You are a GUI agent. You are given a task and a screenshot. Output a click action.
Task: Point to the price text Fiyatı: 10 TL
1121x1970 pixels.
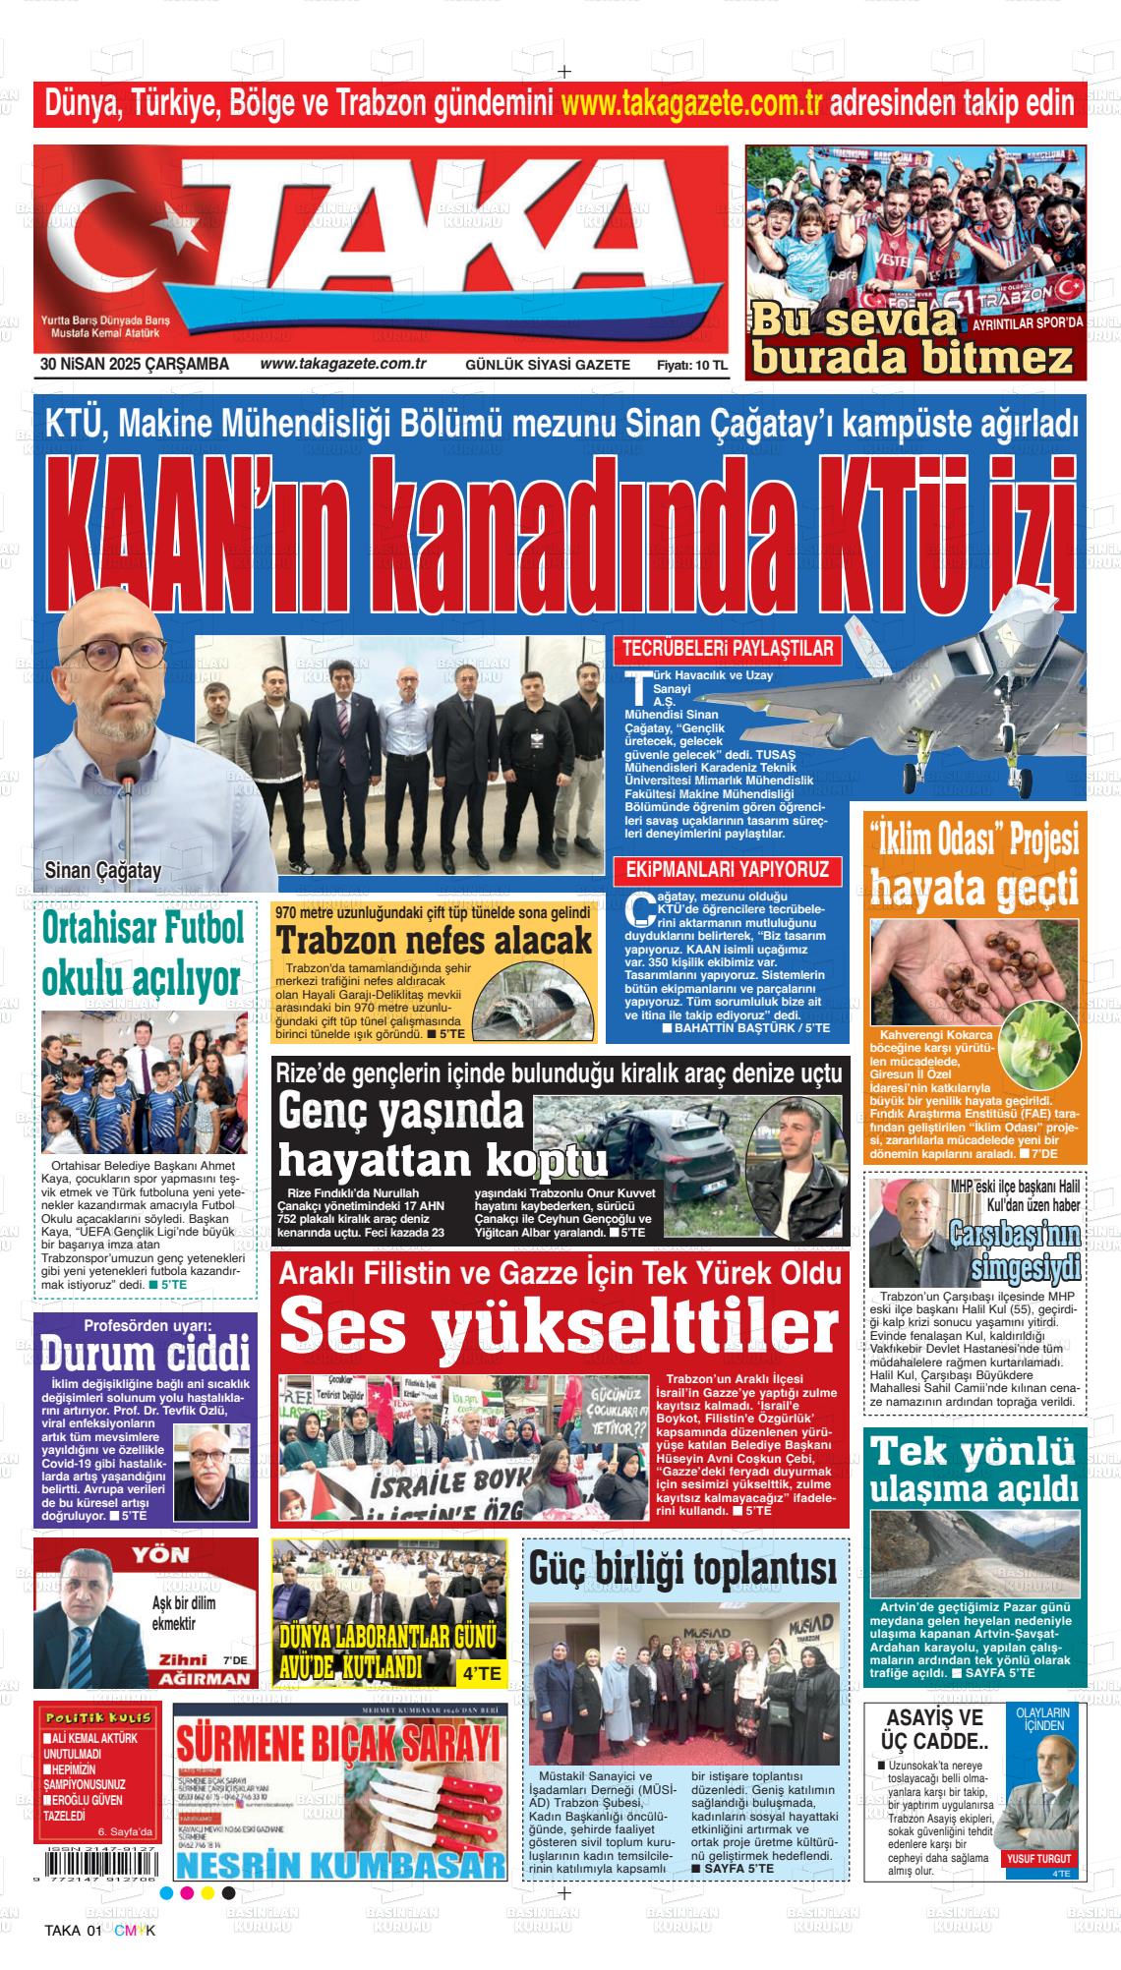692,366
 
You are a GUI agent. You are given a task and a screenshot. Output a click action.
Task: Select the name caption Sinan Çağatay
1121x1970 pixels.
103,870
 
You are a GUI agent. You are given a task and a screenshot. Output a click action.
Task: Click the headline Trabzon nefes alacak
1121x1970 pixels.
434,941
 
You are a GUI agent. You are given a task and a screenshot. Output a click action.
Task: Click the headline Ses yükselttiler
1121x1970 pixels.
559,1324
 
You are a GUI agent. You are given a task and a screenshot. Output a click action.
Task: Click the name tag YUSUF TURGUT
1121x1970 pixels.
1037,1859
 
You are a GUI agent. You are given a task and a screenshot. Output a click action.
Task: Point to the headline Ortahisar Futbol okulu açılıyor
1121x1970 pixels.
142,953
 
